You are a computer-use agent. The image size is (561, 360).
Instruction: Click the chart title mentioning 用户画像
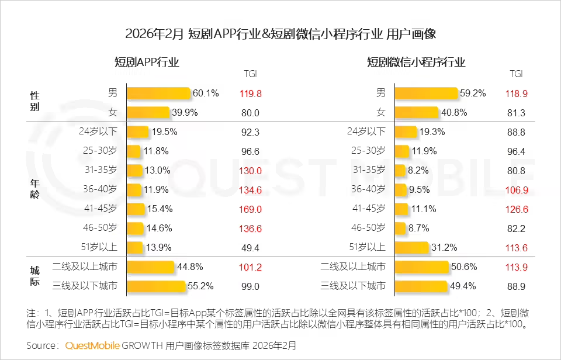point(280,34)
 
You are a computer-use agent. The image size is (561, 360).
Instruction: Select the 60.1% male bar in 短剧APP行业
point(158,94)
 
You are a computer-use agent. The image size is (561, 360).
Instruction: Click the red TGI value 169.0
point(250,209)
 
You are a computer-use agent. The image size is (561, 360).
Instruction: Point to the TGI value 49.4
point(250,247)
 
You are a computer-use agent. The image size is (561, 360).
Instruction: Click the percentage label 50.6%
point(465,267)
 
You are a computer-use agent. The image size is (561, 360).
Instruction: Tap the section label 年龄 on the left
point(35,189)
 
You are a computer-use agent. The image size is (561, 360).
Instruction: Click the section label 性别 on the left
point(35,102)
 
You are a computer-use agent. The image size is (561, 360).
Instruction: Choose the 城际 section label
point(35,276)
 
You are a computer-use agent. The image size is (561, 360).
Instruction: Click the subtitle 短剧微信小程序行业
point(416,63)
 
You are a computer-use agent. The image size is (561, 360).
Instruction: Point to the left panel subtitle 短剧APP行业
point(147,63)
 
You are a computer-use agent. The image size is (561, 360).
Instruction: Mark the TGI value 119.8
point(250,94)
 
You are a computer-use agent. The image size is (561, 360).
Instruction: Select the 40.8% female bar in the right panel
point(416,112)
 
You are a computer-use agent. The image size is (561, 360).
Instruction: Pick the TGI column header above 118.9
point(517,74)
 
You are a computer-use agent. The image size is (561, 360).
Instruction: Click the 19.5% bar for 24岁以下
point(138,132)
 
